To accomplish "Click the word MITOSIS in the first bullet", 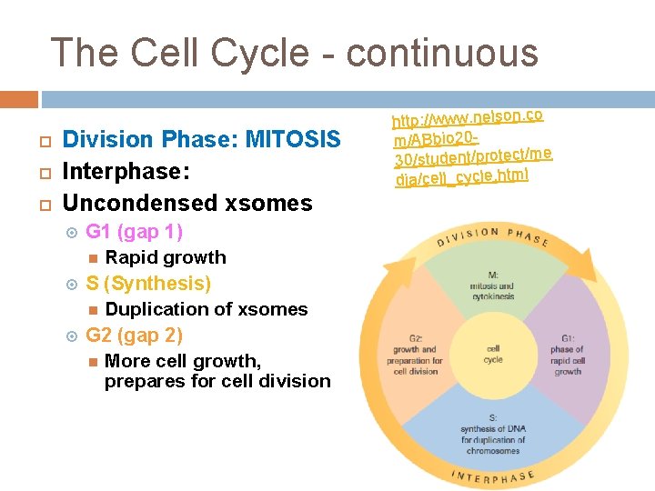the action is (293, 139).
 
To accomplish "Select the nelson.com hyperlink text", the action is (472, 148).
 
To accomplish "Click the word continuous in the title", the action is (442, 54).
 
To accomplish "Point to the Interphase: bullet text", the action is (126, 171).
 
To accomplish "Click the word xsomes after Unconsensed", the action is (268, 204).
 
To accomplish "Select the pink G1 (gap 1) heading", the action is (134, 232).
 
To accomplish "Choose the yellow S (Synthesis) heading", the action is (148, 284).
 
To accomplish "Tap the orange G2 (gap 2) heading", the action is (134, 336).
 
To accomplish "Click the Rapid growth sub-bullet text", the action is (166, 257).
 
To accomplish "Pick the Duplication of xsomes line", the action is (207, 309).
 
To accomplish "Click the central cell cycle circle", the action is (493, 355).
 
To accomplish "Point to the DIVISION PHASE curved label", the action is (493, 236).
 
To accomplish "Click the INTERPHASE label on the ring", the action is (493, 476).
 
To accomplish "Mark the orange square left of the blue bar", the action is (19, 99).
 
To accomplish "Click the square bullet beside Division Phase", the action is (45, 142).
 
